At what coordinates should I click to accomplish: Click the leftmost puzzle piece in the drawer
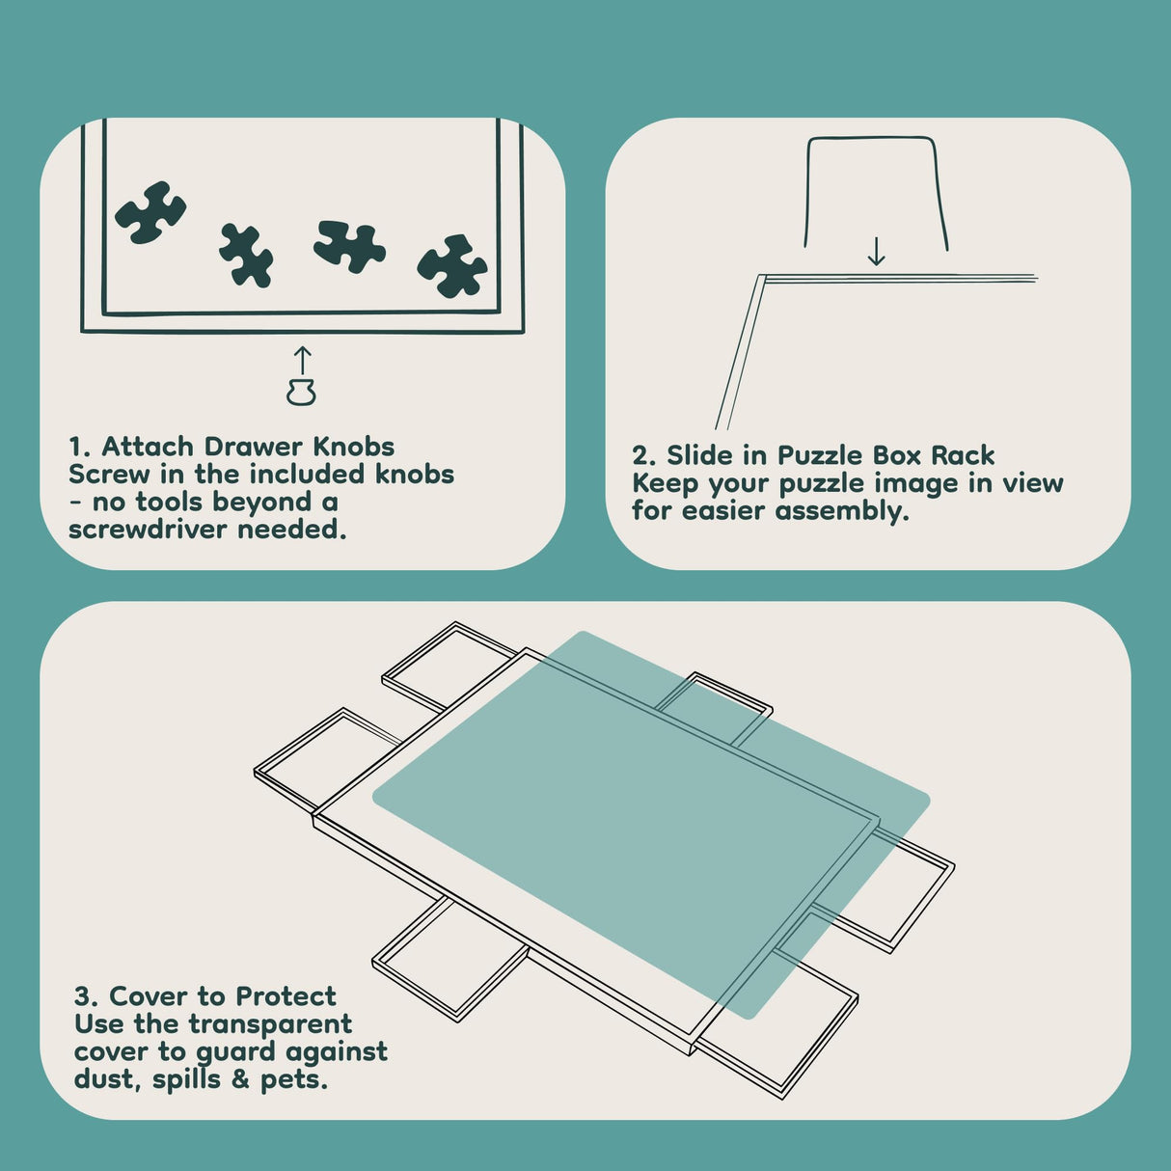point(150,212)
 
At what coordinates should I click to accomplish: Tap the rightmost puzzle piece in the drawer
point(452,266)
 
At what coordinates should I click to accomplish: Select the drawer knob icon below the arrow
point(301,392)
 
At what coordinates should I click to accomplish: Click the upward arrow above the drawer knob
point(303,361)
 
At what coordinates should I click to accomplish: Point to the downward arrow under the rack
point(876,251)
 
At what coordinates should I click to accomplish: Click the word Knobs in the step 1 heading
point(354,447)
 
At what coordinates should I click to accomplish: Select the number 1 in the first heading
point(75,448)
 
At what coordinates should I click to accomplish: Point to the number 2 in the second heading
point(640,455)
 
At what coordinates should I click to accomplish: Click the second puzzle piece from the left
point(246,255)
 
